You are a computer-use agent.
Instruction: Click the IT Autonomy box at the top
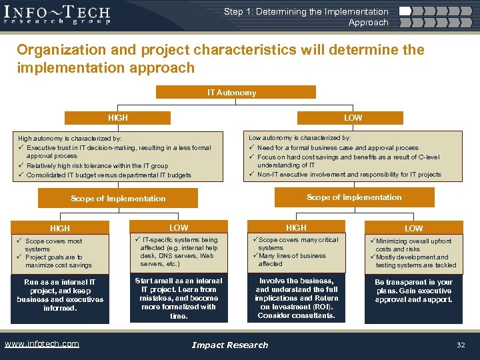tap(231, 93)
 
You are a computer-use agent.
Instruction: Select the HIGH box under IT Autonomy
tap(118, 117)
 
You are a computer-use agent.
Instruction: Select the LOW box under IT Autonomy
tap(353, 117)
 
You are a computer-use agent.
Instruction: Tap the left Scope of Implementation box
tap(118, 198)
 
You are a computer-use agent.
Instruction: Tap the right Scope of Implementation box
tap(353, 197)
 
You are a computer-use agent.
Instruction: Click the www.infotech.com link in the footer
tap(41, 344)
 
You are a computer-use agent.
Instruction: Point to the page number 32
tap(460, 345)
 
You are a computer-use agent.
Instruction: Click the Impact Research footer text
tap(230, 345)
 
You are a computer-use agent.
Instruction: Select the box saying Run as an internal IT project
tap(60, 295)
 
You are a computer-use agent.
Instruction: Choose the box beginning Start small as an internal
tap(179, 298)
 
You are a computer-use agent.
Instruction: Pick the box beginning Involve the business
tap(297, 298)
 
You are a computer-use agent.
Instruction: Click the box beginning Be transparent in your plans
tap(413, 291)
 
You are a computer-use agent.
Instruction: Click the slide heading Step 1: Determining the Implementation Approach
tap(306, 17)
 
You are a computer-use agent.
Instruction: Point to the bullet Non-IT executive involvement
tap(349, 175)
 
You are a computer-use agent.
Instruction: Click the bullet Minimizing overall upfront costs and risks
tap(413, 245)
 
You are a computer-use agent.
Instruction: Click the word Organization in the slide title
tap(59, 50)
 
